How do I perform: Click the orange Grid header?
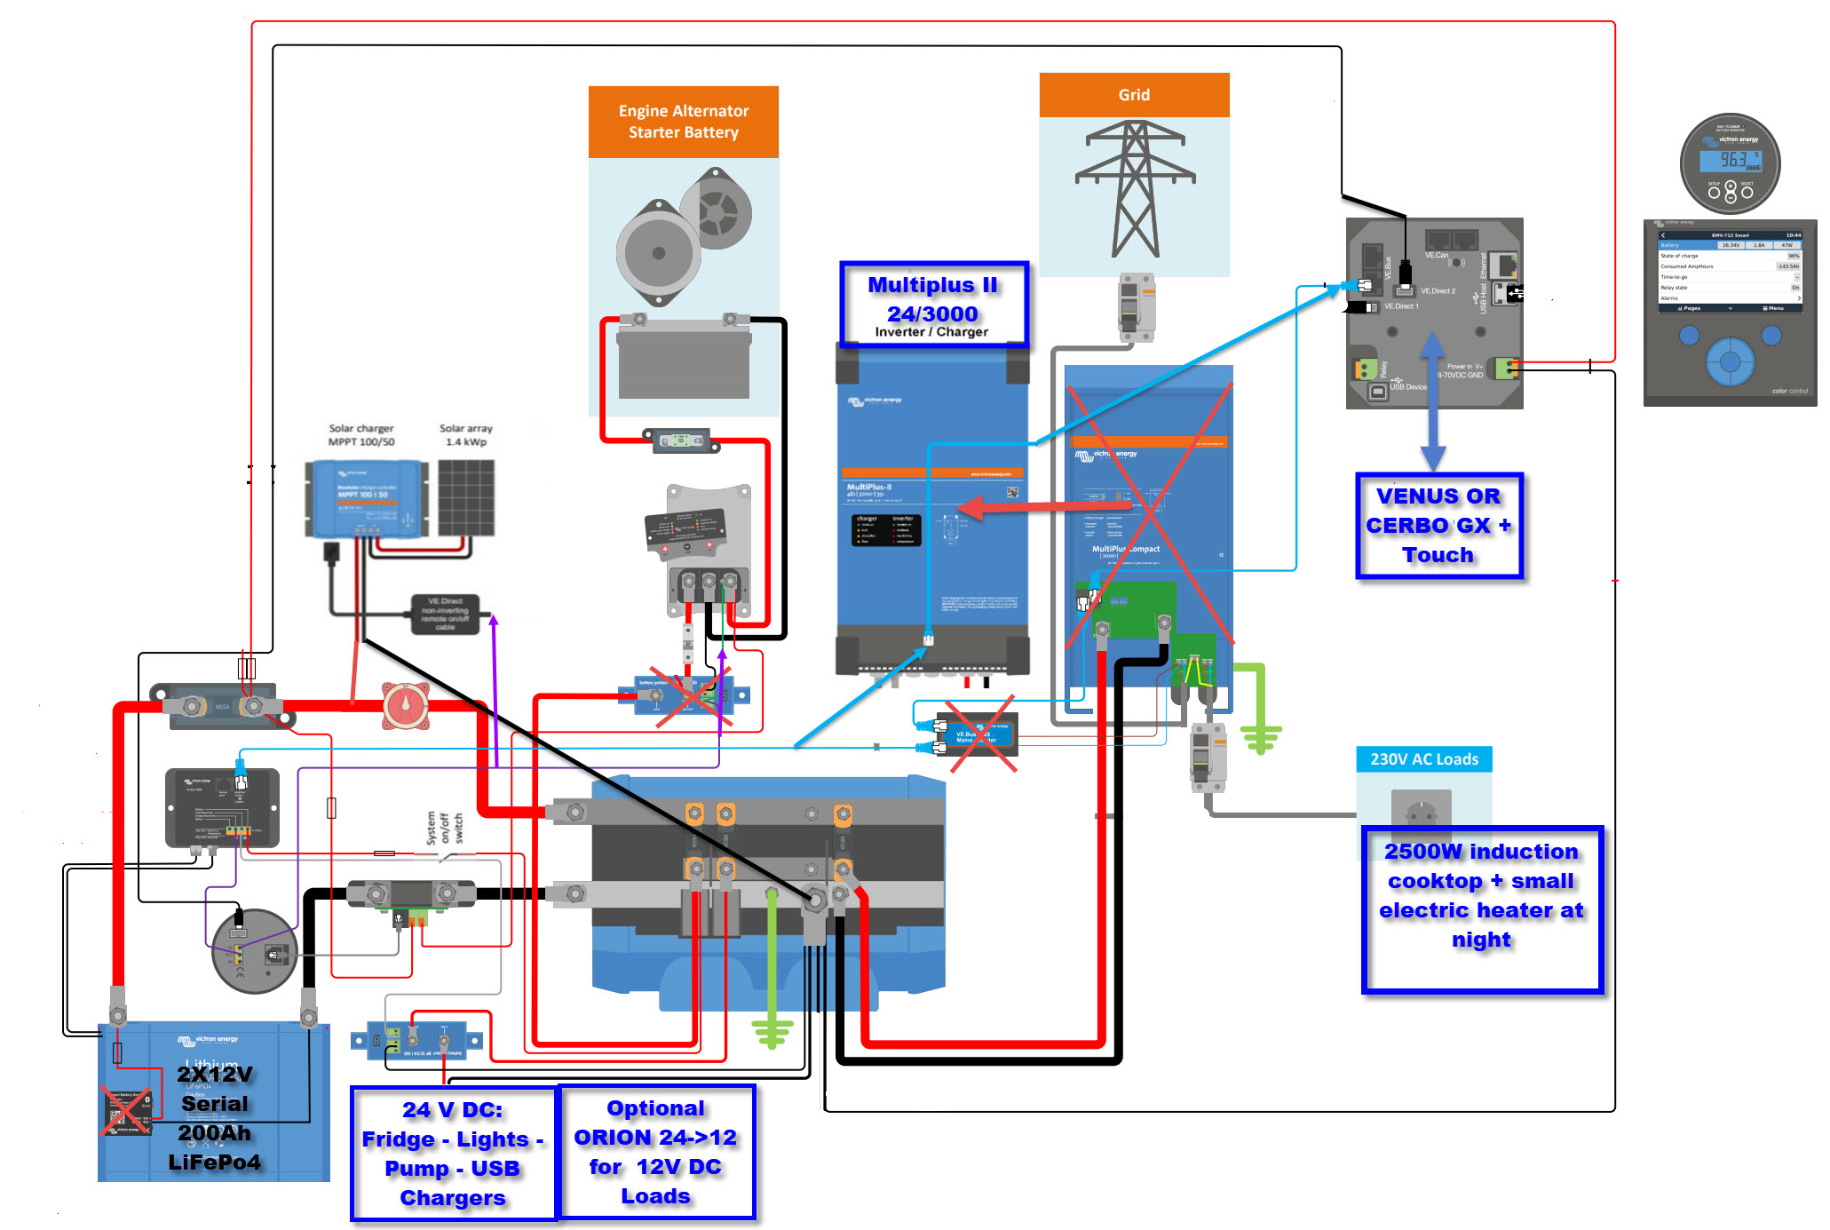coord(1134,95)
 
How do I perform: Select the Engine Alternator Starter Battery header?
coord(683,122)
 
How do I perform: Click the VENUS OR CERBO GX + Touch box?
coord(1438,526)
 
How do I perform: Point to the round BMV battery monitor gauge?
coord(1730,163)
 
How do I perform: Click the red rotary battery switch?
coord(406,707)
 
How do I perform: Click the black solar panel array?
coord(466,497)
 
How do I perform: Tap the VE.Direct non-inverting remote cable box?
coord(445,614)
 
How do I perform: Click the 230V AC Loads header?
coord(1423,759)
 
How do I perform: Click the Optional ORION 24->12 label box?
coord(655,1152)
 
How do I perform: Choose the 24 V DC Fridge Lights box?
coord(453,1153)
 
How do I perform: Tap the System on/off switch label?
coord(444,828)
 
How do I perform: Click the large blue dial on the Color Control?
coord(1729,361)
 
